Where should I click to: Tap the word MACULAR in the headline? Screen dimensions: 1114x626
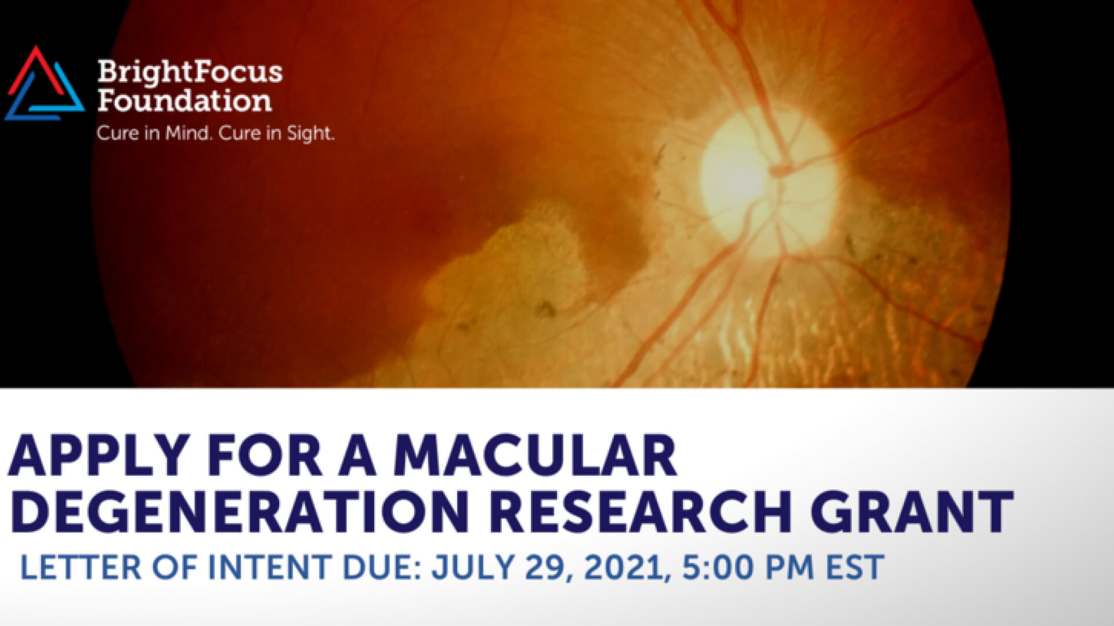coord(536,454)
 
